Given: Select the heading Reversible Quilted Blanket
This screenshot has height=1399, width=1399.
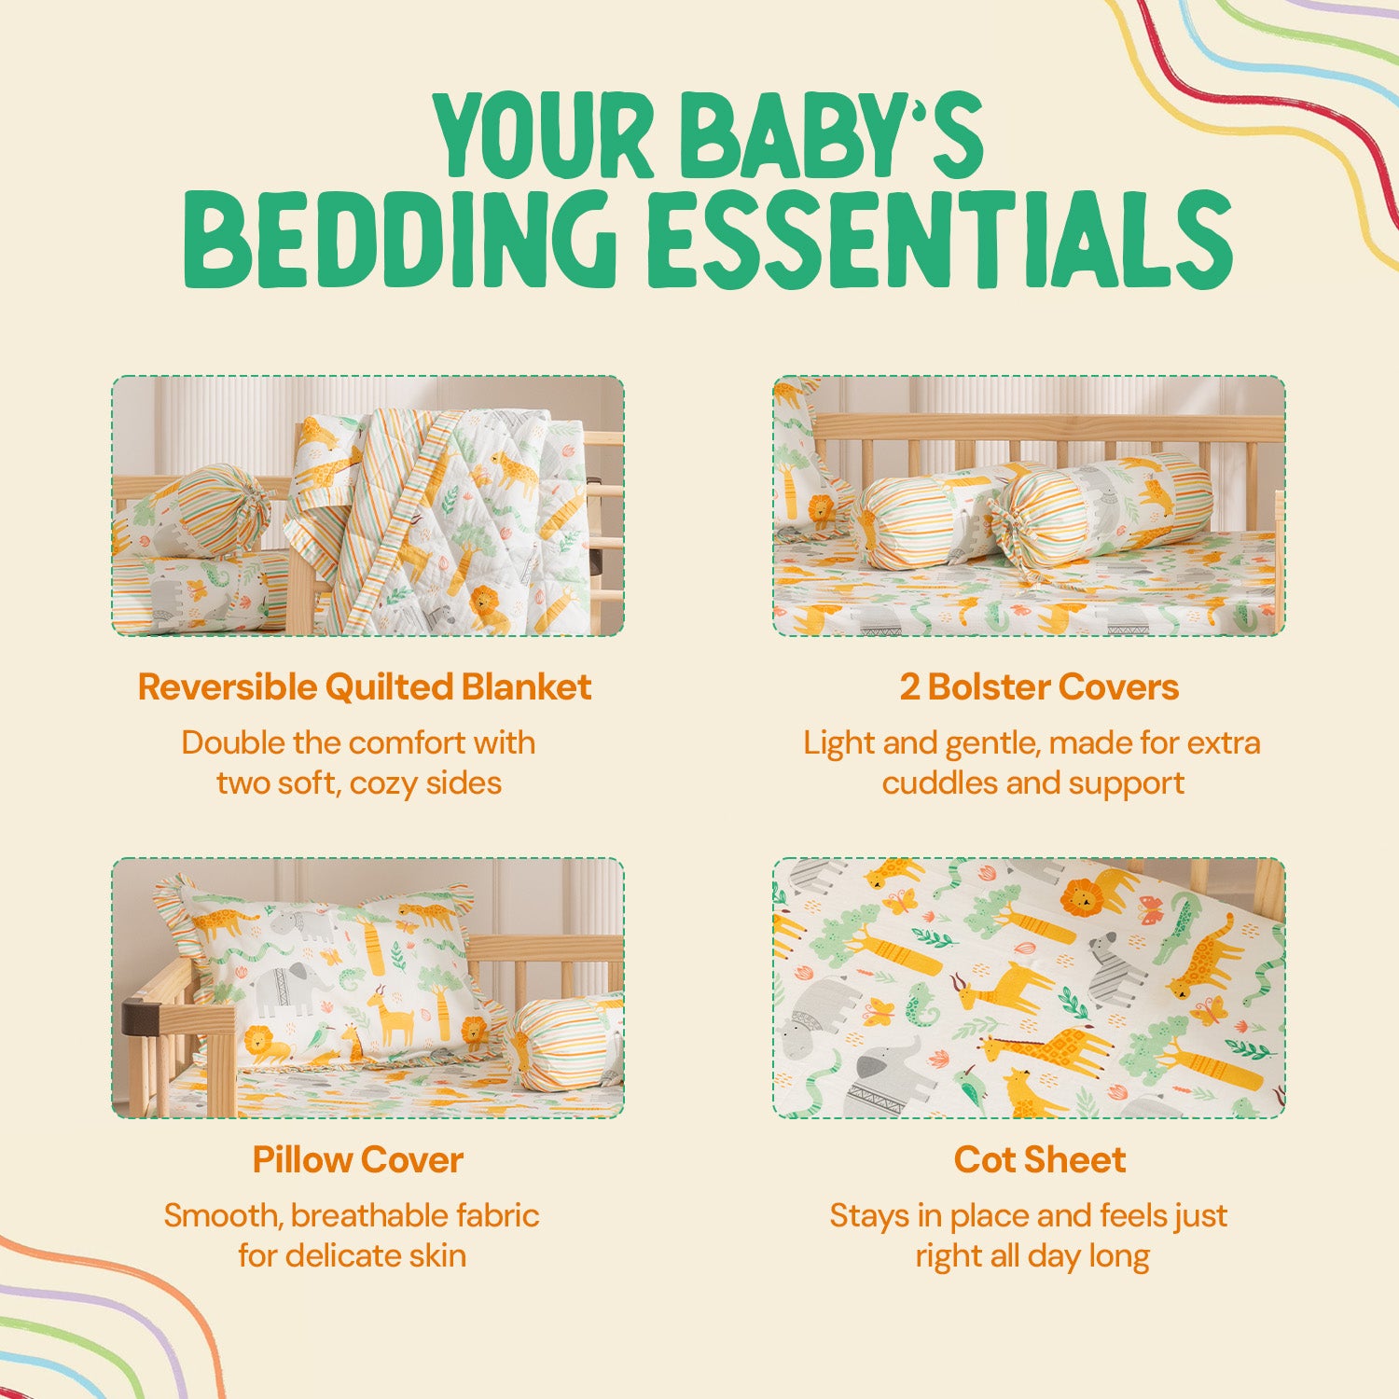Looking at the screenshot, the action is pos(365,687).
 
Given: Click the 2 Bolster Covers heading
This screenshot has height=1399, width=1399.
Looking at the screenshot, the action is pos(1039,687).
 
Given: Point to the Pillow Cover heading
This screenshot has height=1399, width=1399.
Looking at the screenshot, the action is pos(358,1160).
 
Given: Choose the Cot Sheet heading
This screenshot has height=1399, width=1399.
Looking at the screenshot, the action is pos(1040,1160).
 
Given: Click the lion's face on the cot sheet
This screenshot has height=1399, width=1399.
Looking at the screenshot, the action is pos(1082,897).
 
